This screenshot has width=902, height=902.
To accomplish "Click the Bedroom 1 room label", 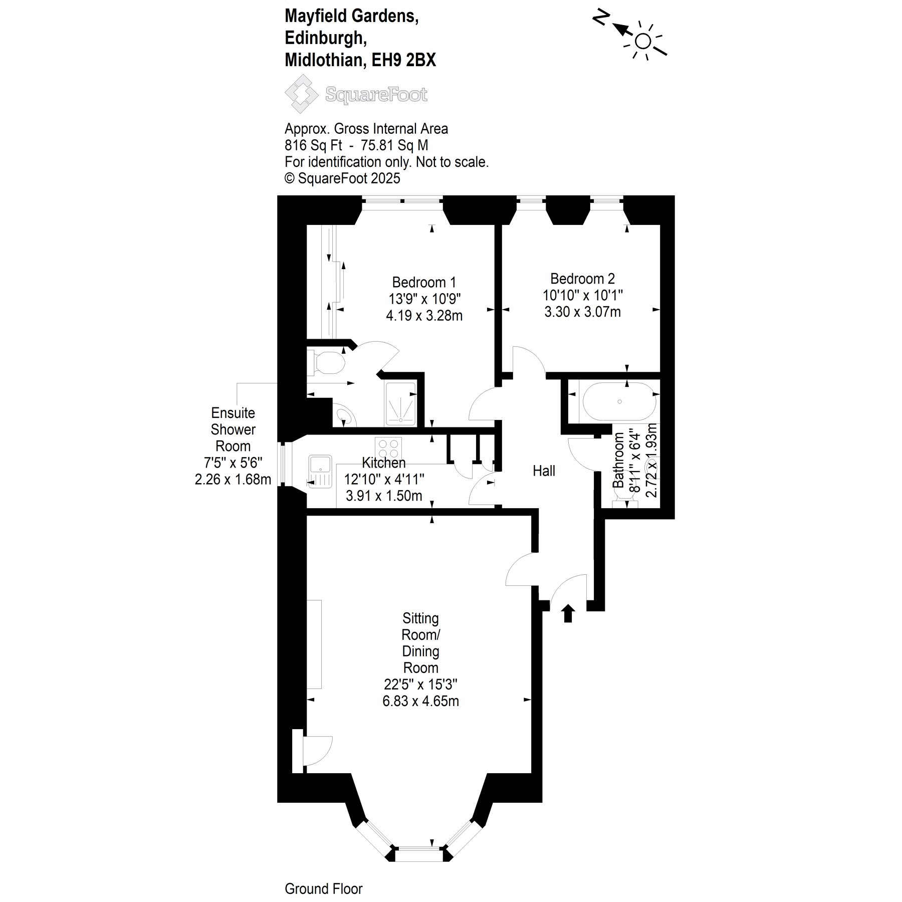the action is (x=424, y=282).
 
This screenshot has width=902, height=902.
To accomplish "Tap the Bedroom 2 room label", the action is (x=582, y=279).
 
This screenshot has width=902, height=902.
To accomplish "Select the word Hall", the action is (x=544, y=471).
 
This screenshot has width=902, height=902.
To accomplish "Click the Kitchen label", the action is (x=384, y=463).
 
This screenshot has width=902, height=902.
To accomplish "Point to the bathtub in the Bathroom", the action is (x=619, y=402).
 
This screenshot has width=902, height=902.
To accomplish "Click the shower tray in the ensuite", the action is (x=400, y=404).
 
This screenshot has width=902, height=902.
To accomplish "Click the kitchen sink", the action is (x=320, y=471).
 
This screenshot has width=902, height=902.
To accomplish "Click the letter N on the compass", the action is (x=601, y=19).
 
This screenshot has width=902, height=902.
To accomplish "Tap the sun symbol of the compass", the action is (x=643, y=41).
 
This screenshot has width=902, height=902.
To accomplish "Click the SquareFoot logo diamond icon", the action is (x=302, y=94).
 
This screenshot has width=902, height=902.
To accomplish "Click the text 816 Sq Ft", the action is (x=313, y=145).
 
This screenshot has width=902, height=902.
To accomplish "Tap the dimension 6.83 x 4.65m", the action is (x=420, y=701).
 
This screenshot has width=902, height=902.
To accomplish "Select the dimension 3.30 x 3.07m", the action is (x=582, y=312).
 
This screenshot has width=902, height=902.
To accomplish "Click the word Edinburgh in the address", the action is (x=323, y=38).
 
